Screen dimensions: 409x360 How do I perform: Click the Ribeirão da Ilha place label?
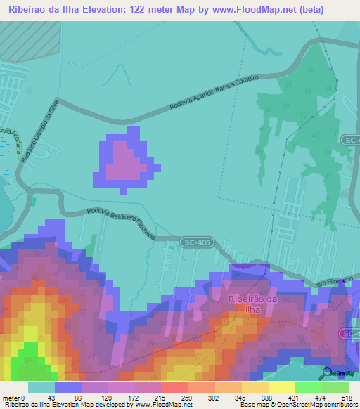252,304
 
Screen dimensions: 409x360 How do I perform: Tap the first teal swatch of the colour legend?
41,387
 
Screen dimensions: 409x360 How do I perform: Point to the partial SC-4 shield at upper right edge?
352,141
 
